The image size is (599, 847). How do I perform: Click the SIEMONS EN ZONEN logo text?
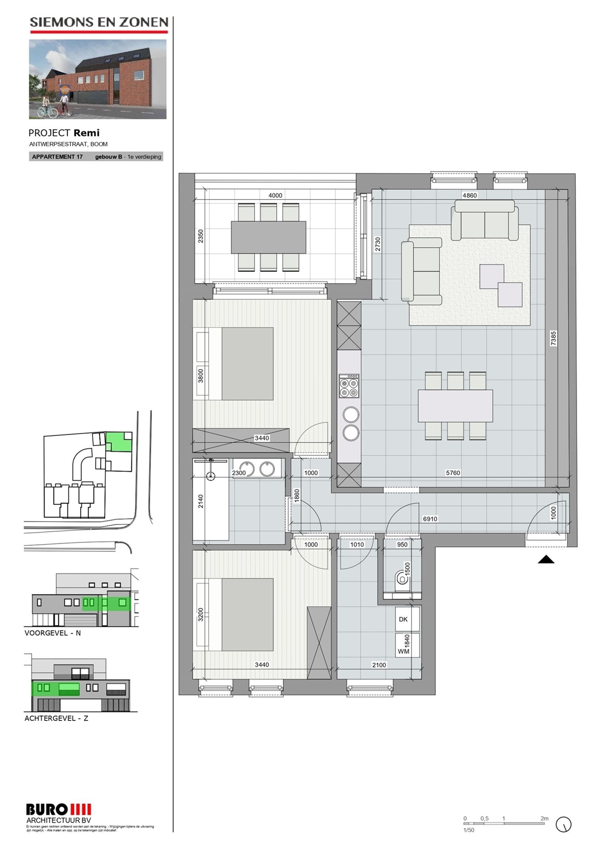pos(99,23)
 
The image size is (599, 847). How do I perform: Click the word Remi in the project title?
pos(86,133)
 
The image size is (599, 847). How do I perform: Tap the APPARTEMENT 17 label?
pos(57,157)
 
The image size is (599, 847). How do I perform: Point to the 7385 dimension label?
pos(553,338)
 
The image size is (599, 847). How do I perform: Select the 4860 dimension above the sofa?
pos(470,195)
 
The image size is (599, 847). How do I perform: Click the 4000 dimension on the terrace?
pos(275,195)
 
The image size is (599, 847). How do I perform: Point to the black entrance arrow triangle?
pos(546,560)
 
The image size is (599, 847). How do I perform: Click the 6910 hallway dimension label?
pos(430,519)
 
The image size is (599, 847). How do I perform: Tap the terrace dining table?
pos(268,237)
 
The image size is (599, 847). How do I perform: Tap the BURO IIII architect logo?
pos(58,810)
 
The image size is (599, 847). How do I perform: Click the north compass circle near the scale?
pos(564,824)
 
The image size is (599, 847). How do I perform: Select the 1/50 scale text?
pos(468,830)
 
